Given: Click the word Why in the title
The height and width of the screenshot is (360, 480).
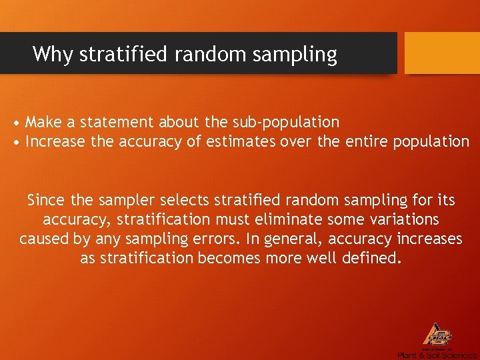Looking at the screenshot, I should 53,53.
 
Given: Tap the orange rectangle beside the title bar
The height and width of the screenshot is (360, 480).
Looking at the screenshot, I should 442,53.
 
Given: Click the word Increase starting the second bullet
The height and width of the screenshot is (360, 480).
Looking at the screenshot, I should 53,141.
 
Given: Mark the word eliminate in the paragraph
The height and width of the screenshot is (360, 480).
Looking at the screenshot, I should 281,219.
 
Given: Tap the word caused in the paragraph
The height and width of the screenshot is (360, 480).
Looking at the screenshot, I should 41,239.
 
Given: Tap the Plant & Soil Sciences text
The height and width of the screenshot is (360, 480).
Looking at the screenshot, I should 437,355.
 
